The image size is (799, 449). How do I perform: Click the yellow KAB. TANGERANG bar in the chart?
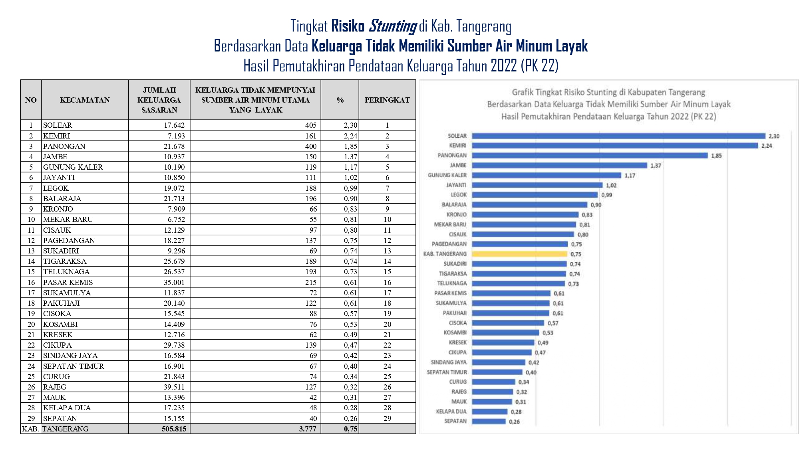[x=520, y=254]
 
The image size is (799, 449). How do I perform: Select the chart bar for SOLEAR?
[x=619, y=136]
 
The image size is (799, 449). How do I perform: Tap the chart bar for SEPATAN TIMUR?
[x=497, y=372]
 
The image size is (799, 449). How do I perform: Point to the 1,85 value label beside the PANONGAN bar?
[x=716, y=156]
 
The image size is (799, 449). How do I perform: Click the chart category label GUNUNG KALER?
[x=447, y=175]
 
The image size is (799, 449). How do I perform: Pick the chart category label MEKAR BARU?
[x=450, y=224]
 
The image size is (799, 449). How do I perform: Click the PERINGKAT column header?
[x=387, y=100]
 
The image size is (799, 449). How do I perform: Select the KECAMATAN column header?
[x=85, y=100]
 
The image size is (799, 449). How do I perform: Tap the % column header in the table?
[x=340, y=100]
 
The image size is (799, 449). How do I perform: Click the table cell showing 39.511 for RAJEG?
[x=174, y=387]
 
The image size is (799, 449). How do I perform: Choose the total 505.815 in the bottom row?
[x=174, y=429]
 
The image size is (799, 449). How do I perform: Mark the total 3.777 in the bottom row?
[x=307, y=429]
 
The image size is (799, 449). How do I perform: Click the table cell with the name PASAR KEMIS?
[x=68, y=282]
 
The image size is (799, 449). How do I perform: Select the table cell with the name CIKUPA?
[x=58, y=345]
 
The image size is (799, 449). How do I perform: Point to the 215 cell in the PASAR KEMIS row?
[x=311, y=282]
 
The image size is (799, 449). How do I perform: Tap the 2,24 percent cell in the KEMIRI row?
[x=350, y=136]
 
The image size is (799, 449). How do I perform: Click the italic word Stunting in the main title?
[x=392, y=26]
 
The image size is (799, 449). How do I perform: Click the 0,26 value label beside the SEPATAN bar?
[x=514, y=421]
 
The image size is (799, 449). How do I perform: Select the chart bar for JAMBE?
[x=560, y=165]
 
